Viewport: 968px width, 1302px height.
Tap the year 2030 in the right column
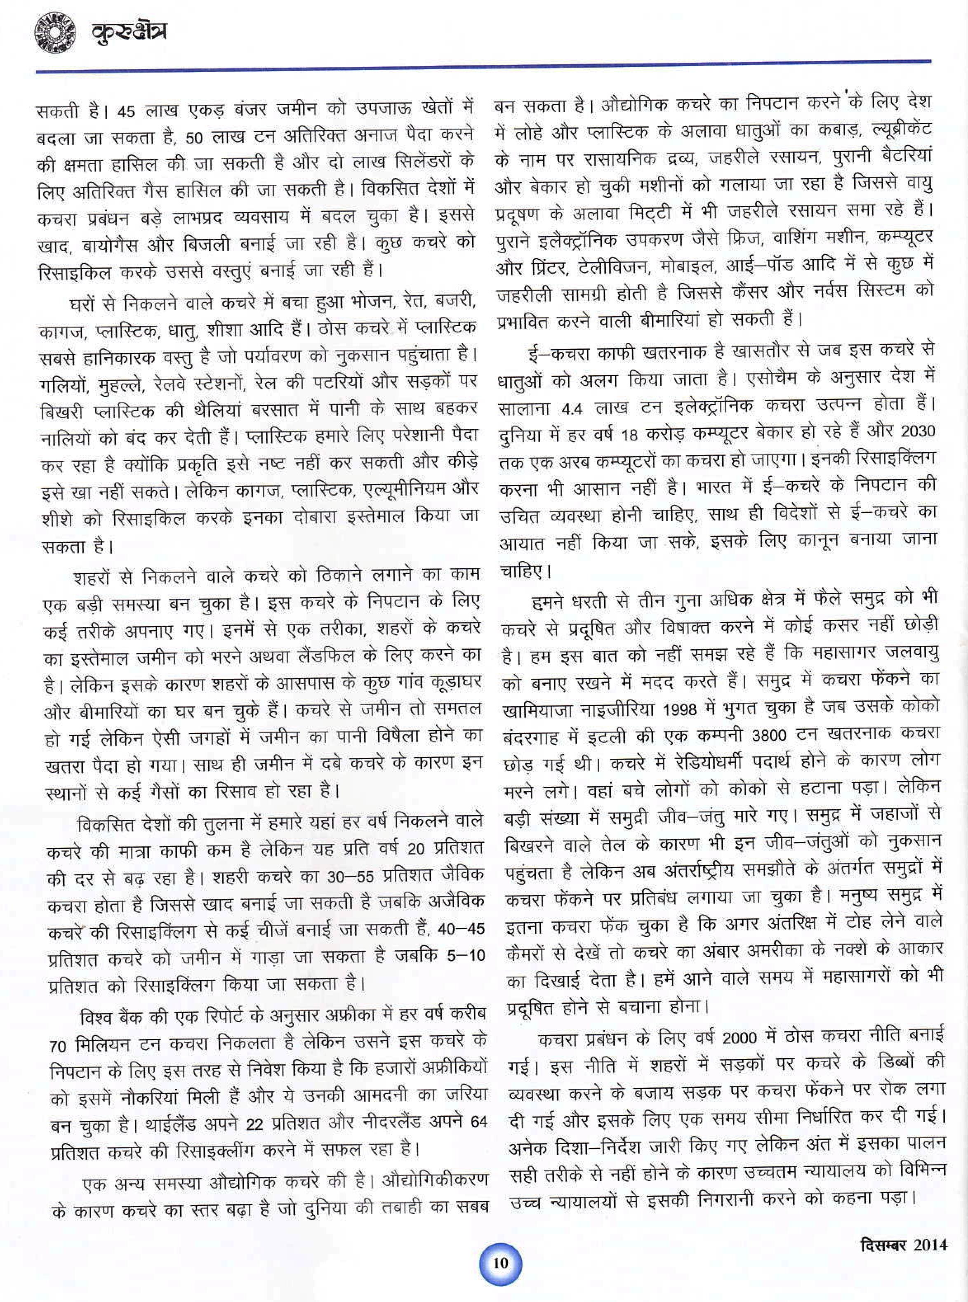click(x=918, y=433)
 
